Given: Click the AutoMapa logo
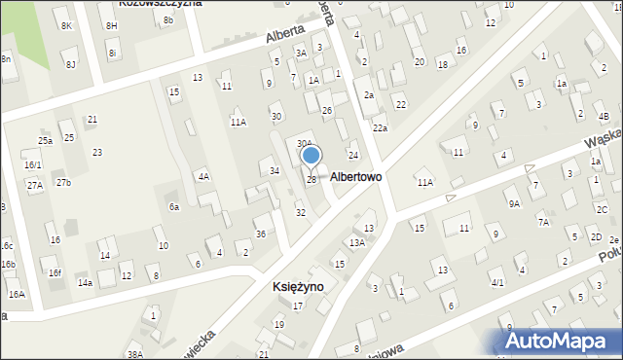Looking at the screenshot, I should click(564, 341).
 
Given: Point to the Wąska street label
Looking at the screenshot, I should click(604, 146).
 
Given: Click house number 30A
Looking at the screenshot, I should click(305, 144).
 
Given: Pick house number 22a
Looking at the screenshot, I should click(380, 128).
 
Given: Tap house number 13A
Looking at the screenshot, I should click(357, 243).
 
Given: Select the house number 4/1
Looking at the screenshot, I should click(496, 283).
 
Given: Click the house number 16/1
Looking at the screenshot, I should click(33, 165).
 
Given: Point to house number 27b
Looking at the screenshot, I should click(63, 183).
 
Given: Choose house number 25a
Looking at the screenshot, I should click(45, 141).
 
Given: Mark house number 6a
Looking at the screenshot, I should click(174, 207).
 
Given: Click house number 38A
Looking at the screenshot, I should click(134, 355).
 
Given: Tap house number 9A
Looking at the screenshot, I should click(513, 203).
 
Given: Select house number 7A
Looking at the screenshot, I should click(543, 223).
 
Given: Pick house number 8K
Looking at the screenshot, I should click(66, 25).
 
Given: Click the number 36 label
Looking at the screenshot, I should click(260, 234).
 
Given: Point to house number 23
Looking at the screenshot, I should click(97, 153).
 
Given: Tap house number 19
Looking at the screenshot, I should click(278, 325).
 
